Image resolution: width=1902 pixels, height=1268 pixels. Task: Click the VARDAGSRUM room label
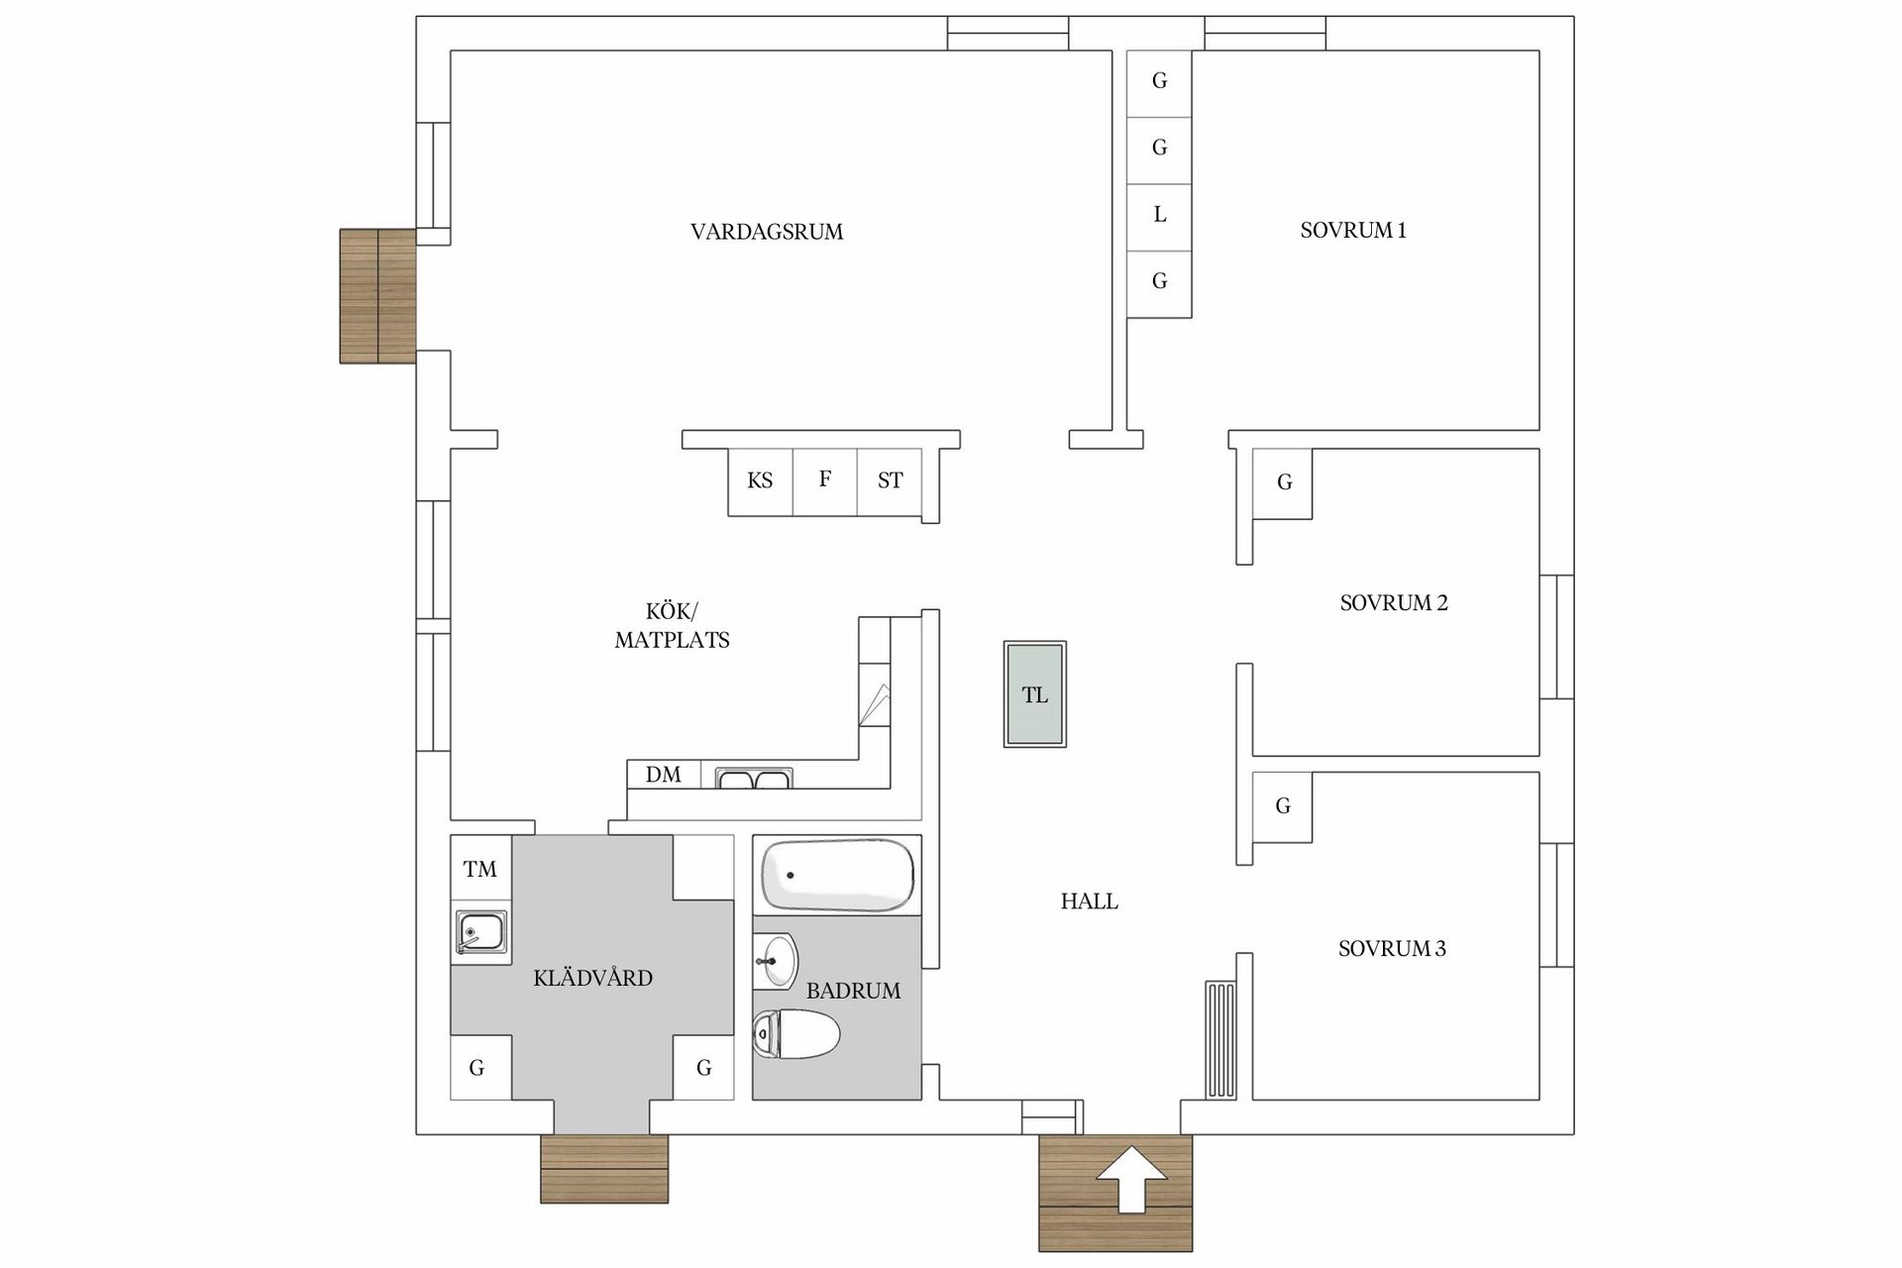coord(767,232)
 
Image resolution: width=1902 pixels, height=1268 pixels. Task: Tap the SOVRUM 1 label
coord(1353,230)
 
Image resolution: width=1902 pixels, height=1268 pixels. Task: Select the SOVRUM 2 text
coord(1393,602)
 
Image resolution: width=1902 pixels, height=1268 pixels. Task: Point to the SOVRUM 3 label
coord(1392,948)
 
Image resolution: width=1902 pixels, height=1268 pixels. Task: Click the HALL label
coord(1089,901)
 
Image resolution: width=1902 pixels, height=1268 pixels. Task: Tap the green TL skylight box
coord(1034,694)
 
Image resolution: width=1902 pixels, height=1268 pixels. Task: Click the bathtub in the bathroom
coord(837,876)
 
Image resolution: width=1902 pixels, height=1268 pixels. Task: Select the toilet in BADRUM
coord(797,1034)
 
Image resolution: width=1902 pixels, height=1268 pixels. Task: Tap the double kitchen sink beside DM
coord(753,779)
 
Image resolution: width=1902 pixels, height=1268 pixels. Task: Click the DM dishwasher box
coord(664,775)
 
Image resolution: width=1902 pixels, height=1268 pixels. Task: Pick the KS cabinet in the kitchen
coord(760,481)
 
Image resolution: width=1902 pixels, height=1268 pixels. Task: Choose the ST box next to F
coord(890,481)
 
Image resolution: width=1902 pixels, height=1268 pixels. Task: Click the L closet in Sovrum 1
coord(1159,215)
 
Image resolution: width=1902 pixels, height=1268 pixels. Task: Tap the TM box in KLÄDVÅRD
coord(480,869)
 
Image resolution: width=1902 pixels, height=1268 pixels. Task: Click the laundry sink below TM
coord(481,932)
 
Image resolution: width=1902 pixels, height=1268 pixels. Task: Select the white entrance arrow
coord(1131,1179)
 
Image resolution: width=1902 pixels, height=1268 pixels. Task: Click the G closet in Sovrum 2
coord(1284,482)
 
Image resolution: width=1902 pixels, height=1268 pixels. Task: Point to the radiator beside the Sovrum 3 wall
coord(1220,1040)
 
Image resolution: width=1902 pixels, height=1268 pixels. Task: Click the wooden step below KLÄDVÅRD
coord(604,1169)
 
